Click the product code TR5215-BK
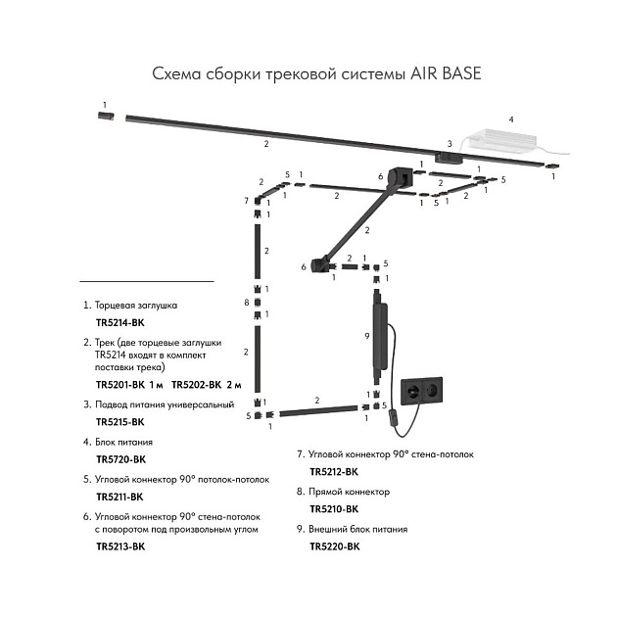[120, 421]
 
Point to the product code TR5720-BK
[120, 458]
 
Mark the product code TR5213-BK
[120, 546]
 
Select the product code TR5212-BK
[334, 472]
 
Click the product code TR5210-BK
[334, 509]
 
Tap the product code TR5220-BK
[334, 546]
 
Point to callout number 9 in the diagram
[365, 335]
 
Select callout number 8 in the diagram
[247, 302]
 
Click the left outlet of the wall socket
[409, 389]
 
